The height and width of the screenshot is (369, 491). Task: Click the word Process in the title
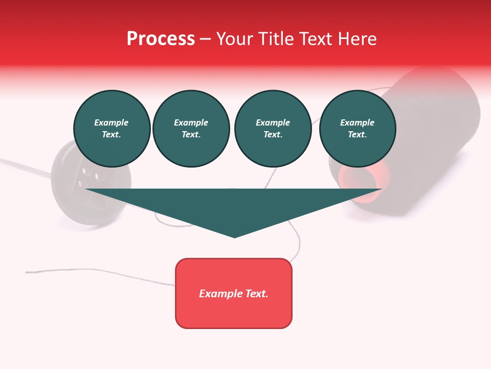[161, 39]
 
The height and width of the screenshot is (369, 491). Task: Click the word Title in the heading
[277, 39]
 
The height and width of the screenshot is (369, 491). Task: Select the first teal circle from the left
[111, 129]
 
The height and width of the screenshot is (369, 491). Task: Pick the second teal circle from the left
[191, 129]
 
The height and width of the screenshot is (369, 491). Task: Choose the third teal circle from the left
[273, 129]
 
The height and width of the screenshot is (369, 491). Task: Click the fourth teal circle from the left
[357, 129]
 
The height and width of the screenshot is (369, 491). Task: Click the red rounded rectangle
[234, 293]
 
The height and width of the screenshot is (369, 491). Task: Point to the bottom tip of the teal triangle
[235, 236]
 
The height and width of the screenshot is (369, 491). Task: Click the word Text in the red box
[256, 294]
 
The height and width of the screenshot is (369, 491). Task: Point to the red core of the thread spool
[353, 177]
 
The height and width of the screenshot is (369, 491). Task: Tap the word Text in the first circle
[111, 135]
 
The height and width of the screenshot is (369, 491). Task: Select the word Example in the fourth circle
[357, 122]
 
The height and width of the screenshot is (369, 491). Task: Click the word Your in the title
[235, 39]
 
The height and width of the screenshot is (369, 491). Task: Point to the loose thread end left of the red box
[28, 272]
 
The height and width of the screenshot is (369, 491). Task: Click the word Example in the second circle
[191, 122]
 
